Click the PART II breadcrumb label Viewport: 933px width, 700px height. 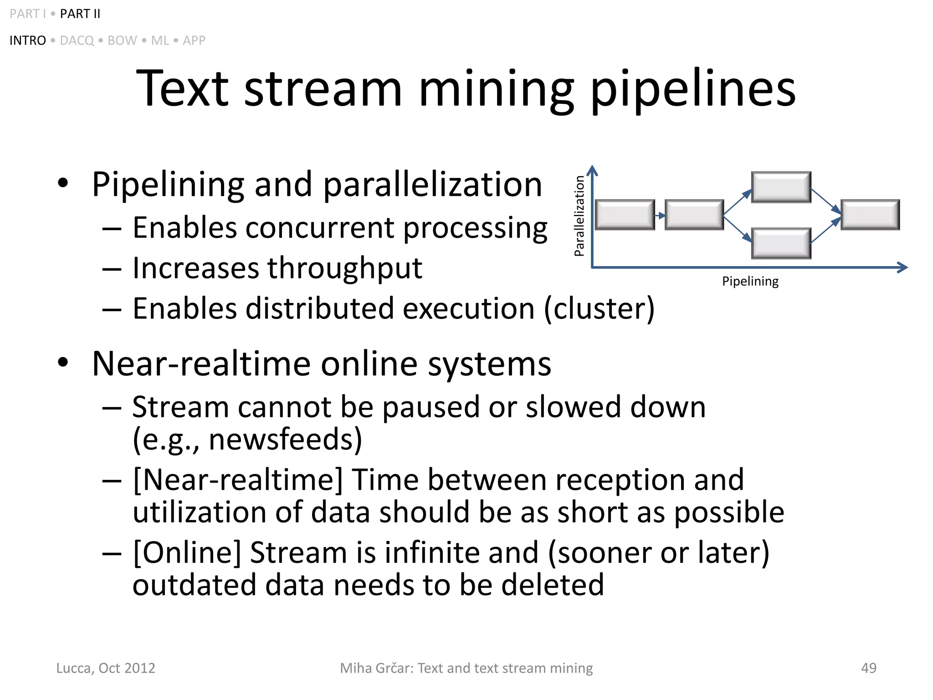80,14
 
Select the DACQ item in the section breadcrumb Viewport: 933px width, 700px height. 77,41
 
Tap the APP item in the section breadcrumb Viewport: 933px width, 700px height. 194,41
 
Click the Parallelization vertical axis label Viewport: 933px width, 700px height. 579,216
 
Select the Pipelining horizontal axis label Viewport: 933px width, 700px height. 750,281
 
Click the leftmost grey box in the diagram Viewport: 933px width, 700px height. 625,215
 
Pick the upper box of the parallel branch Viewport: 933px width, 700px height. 781,187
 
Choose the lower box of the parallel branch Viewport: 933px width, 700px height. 781,243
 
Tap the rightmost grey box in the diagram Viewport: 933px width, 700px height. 870,215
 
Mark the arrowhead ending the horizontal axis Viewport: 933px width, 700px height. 903,268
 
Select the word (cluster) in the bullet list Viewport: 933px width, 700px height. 600,309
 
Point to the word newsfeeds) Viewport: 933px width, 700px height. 285,439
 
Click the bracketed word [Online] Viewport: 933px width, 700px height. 187,553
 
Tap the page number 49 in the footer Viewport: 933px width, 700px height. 868,668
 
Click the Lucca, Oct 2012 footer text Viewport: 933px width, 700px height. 106,668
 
